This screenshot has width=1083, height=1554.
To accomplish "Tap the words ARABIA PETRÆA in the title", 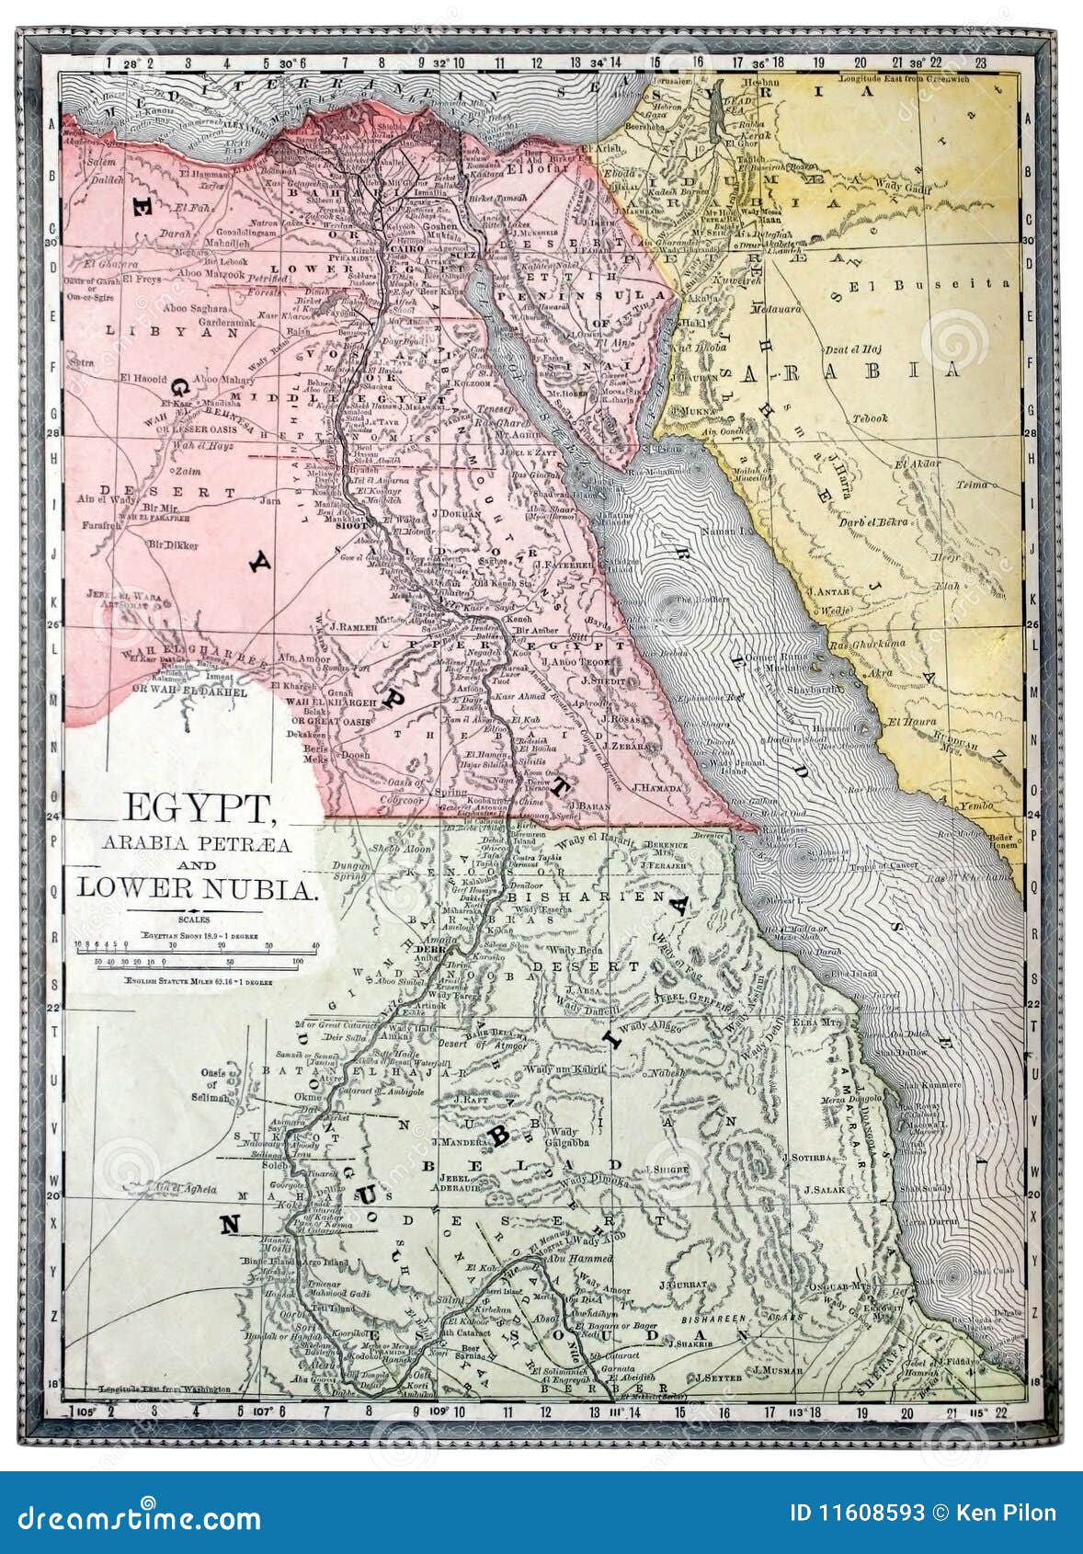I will (x=197, y=844).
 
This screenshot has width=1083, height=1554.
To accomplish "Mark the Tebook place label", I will (x=870, y=418).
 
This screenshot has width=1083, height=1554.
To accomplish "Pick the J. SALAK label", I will (x=825, y=1190).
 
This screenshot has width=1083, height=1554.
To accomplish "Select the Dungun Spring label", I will (x=352, y=871).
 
